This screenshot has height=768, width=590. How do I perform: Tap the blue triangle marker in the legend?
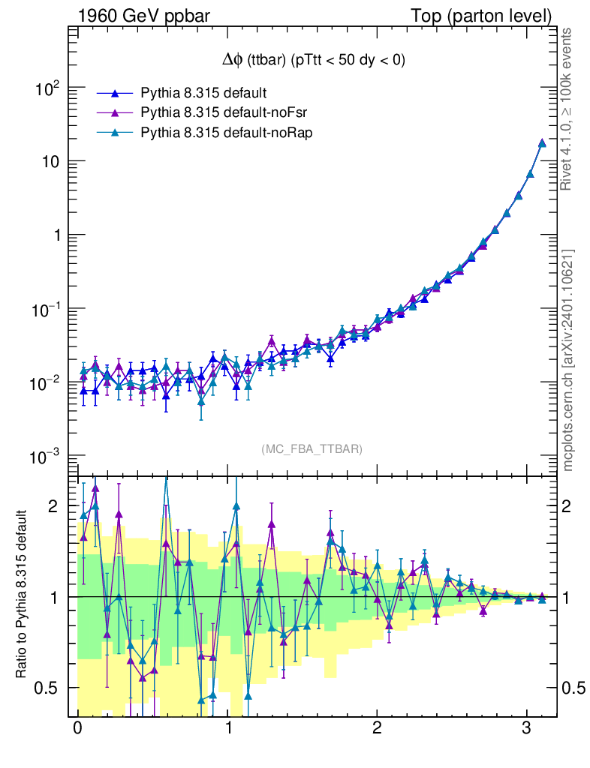click(x=115, y=94)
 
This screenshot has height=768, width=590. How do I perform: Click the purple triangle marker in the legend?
click(x=115, y=112)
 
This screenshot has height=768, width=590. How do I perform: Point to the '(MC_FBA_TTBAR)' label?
click(x=312, y=449)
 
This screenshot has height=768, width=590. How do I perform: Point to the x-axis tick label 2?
click(x=377, y=729)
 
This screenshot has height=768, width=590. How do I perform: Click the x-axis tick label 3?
click(x=527, y=729)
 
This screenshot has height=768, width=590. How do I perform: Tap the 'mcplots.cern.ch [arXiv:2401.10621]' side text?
click(x=569, y=360)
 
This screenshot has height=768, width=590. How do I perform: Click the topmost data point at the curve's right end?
click(x=542, y=142)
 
